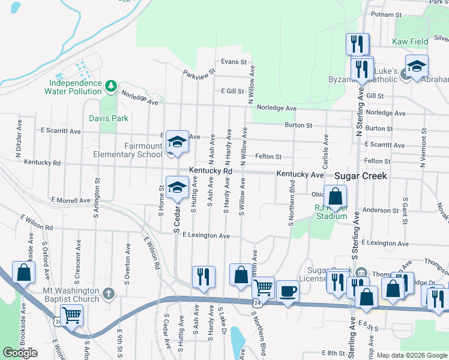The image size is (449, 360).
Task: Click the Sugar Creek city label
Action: click(x=360, y=176)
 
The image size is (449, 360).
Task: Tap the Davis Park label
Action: click(x=109, y=118)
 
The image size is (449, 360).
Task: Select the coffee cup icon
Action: click(x=288, y=291)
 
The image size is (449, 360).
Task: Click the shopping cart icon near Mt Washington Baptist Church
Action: click(x=71, y=314)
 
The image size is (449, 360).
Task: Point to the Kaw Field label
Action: click(x=410, y=42)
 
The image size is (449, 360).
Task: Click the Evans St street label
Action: click(x=234, y=62)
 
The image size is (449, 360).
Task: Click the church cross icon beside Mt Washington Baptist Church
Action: click(x=108, y=293)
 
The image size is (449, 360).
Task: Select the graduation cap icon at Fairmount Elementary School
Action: click(x=177, y=142)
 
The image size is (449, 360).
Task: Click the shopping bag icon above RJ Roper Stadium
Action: click(x=335, y=195)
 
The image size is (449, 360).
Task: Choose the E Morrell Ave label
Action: click(x=71, y=200)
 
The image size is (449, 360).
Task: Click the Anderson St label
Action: click(x=376, y=210)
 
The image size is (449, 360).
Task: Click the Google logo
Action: click(x=20, y=353)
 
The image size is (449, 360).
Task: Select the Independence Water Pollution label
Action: click(x=73, y=87)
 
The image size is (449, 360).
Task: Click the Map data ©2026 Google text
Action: click(x=412, y=355)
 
